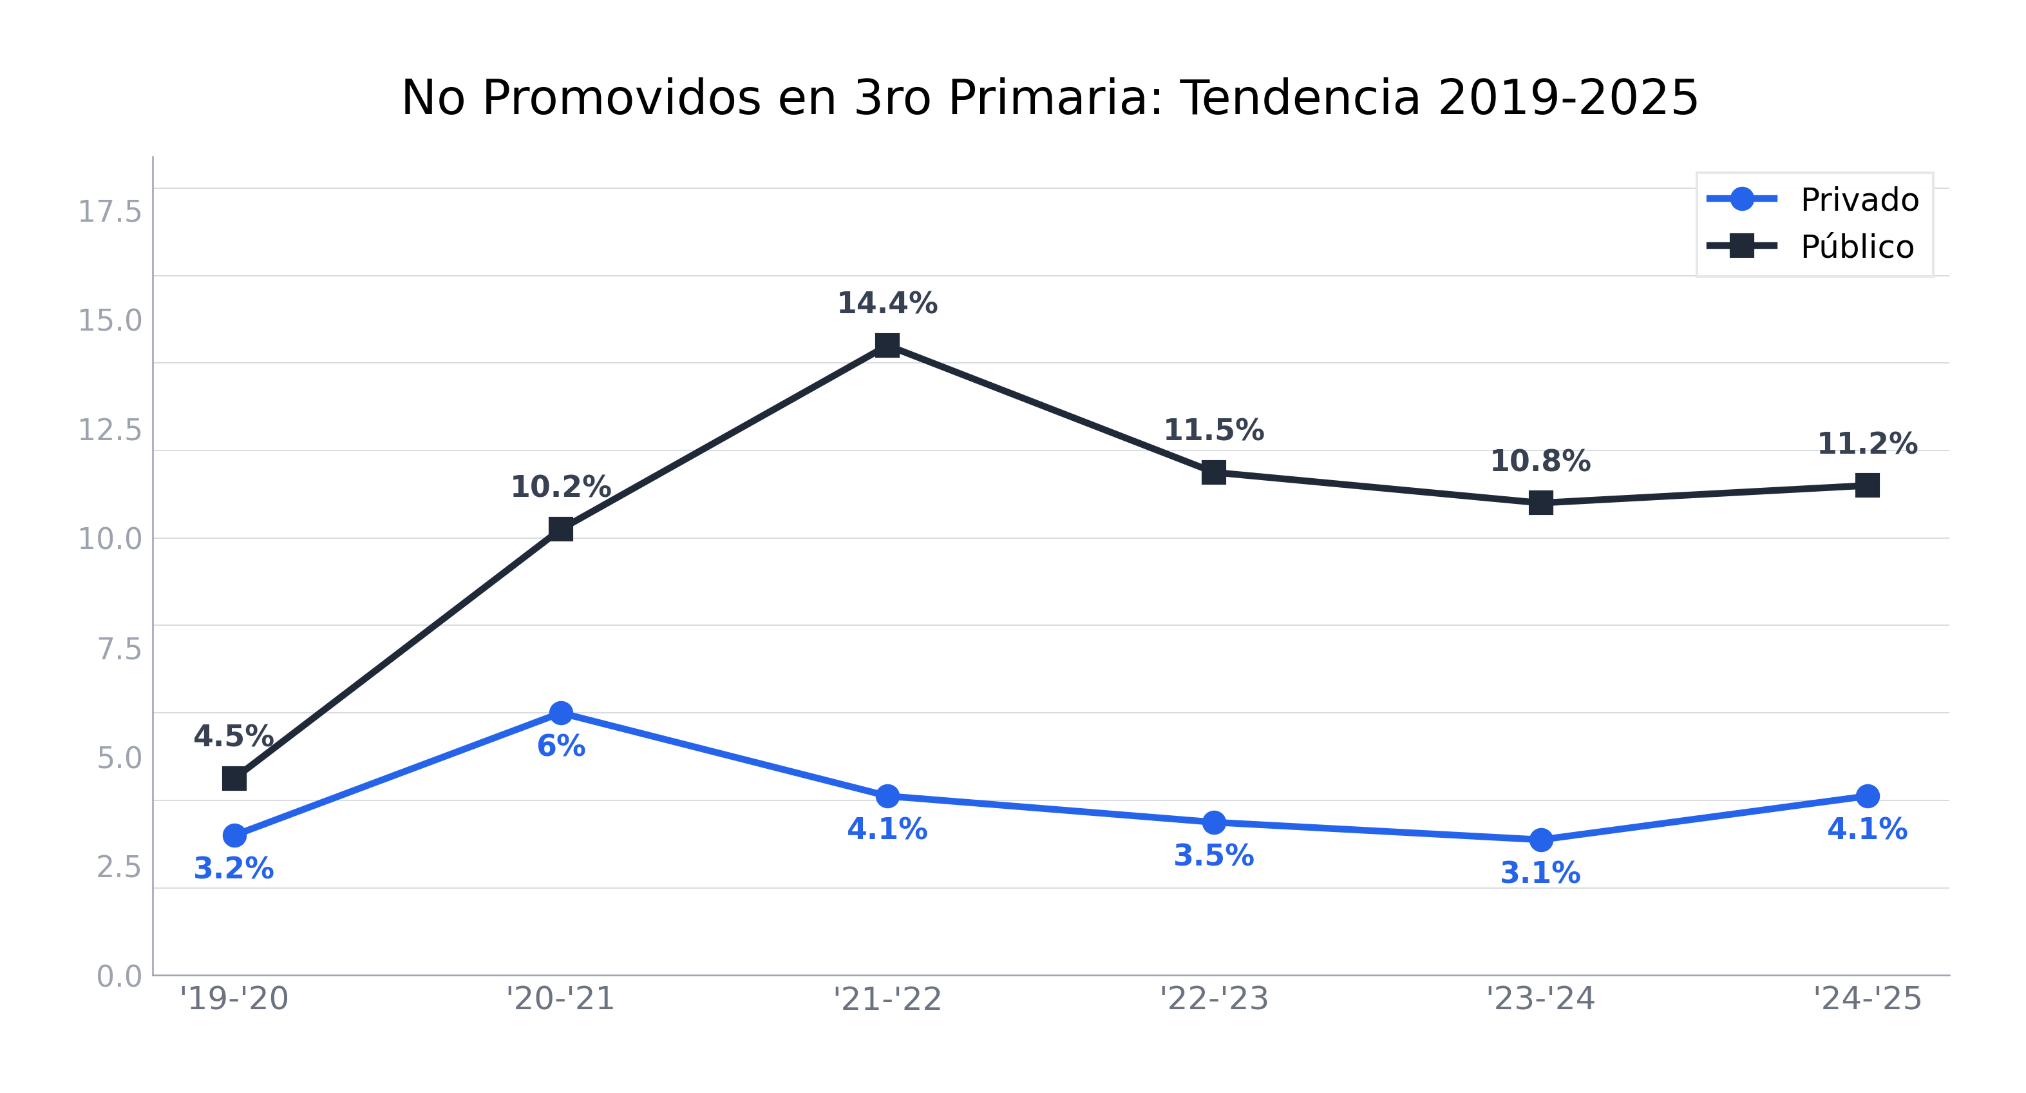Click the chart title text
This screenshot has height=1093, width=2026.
(1049, 99)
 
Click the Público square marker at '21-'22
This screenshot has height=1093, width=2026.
(887, 345)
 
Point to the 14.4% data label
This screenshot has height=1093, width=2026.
(887, 304)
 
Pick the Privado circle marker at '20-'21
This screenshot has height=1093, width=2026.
(561, 713)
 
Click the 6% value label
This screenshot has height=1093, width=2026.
(561, 746)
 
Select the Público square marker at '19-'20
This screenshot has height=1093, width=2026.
(234, 779)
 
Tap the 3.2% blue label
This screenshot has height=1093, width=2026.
(234, 869)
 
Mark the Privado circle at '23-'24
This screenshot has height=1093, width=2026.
(1540, 840)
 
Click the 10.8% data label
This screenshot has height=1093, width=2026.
(1540, 462)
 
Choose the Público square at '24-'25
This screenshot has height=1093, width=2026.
(1867, 485)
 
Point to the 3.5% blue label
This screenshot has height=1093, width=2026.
(1213, 856)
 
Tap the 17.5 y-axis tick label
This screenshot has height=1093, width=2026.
(109, 211)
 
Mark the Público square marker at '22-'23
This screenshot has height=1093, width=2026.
(1213, 473)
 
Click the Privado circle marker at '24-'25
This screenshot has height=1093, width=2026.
(1867, 797)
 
